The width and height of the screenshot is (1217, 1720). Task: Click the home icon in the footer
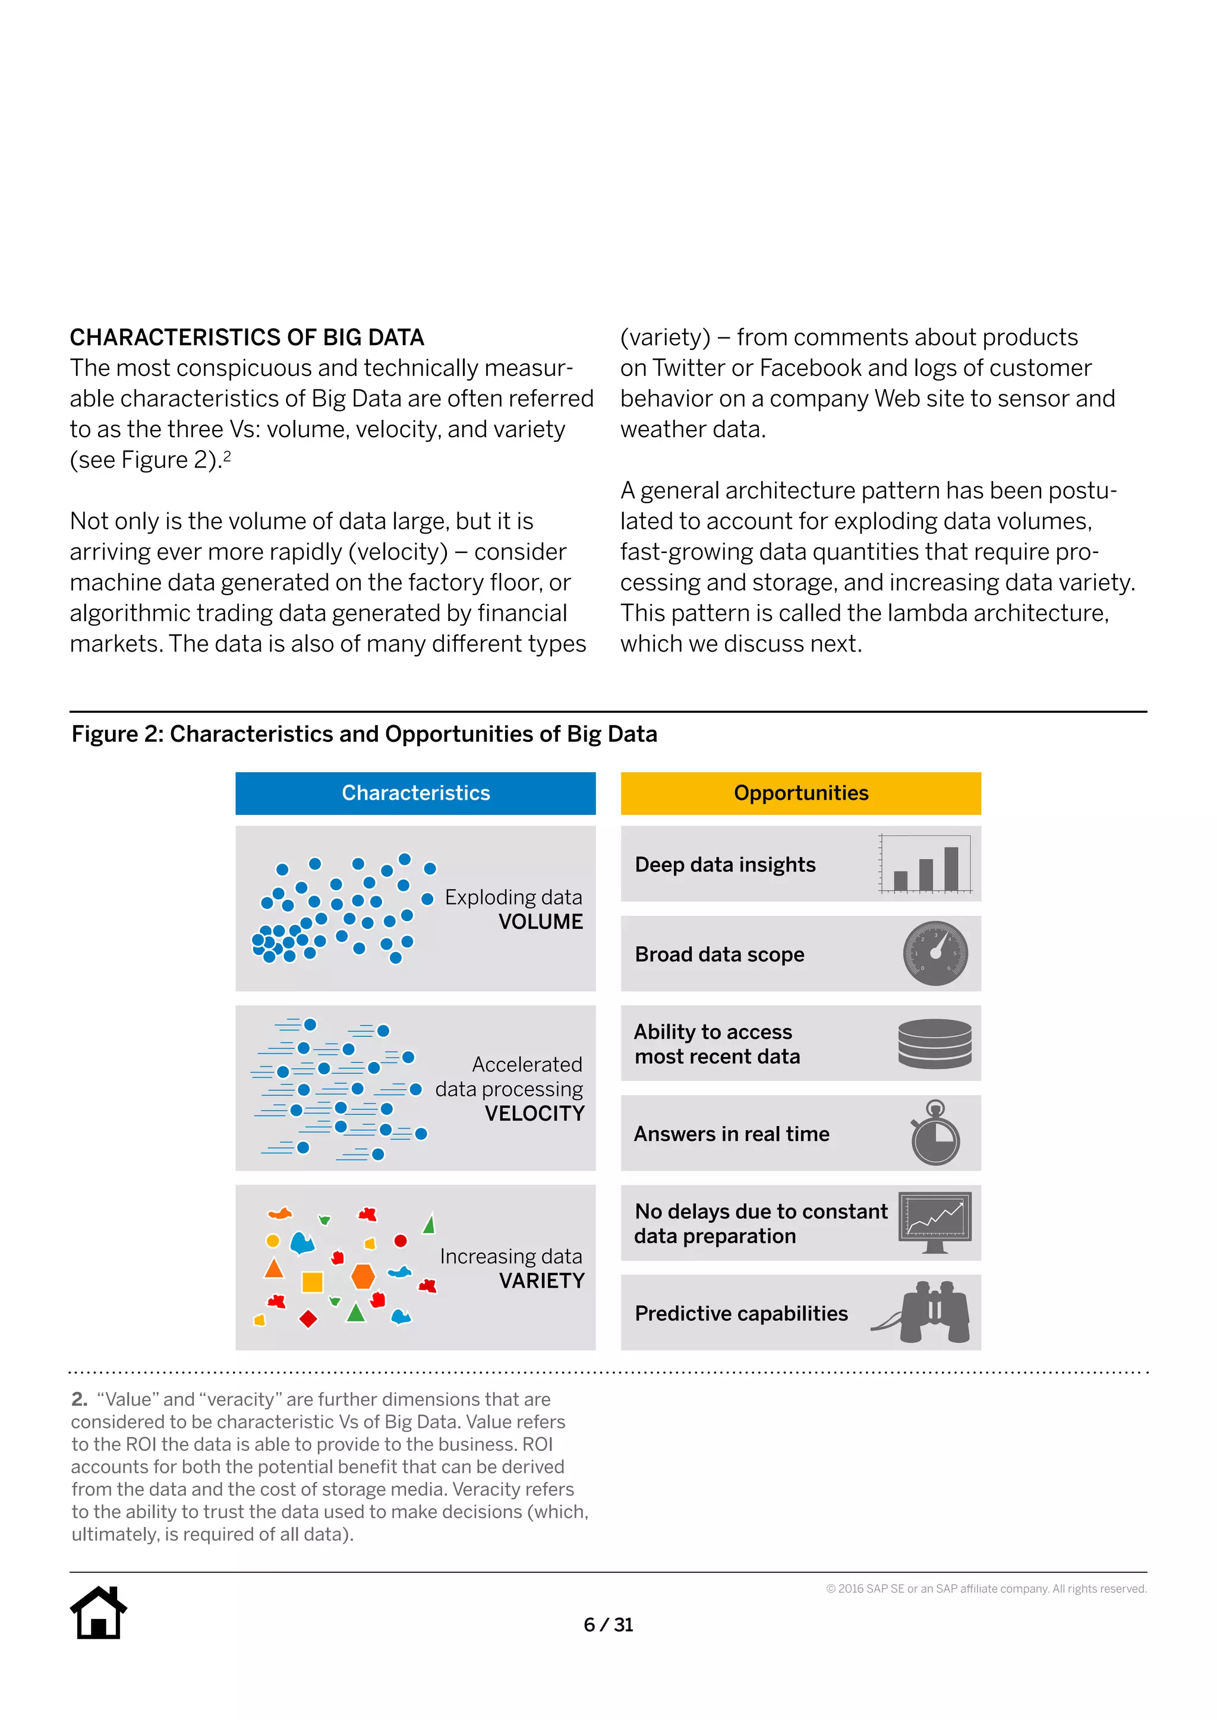(x=98, y=1613)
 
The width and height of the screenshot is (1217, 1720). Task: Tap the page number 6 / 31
(x=608, y=1624)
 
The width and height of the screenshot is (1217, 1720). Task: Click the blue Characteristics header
(x=415, y=793)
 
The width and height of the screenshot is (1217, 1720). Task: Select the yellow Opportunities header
(x=800, y=793)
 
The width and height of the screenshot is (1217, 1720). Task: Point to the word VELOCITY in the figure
(x=534, y=1114)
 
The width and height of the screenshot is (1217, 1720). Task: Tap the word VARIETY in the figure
(x=541, y=1281)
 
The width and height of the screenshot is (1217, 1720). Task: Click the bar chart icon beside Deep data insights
(x=926, y=864)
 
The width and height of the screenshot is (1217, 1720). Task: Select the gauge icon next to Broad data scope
(x=935, y=954)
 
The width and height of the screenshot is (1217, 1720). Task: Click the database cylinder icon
(x=935, y=1043)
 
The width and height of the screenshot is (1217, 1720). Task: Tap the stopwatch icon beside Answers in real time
(x=935, y=1133)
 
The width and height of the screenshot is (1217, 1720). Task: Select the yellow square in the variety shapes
(x=312, y=1282)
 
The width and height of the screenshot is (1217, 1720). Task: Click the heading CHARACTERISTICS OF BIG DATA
(x=247, y=338)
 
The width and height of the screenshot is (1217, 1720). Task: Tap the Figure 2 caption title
(x=364, y=734)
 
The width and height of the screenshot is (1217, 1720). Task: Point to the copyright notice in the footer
(x=986, y=1589)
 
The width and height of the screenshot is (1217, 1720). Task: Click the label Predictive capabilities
(x=741, y=1313)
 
